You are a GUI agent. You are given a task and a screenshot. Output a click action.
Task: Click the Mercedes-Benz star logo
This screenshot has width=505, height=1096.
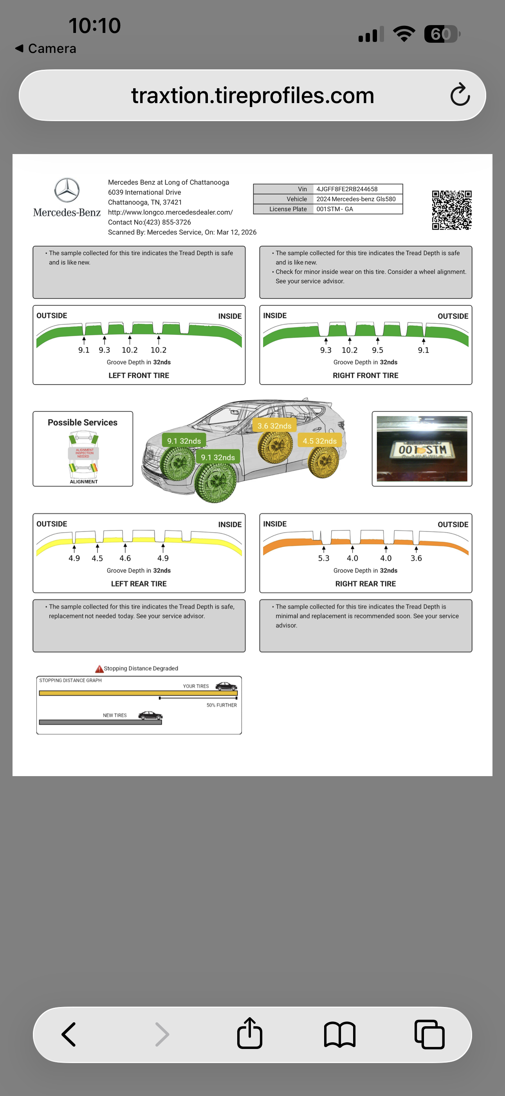click(67, 190)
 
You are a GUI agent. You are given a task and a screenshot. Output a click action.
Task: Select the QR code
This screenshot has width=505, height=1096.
click(451, 210)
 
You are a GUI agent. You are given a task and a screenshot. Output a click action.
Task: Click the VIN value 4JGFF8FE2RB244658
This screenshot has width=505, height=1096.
click(347, 189)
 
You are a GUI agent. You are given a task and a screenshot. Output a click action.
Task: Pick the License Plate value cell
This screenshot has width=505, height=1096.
click(358, 209)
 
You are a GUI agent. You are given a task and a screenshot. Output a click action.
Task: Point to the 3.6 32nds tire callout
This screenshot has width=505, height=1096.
click(274, 425)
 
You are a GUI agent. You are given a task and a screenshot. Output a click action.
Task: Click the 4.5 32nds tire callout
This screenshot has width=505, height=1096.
click(320, 441)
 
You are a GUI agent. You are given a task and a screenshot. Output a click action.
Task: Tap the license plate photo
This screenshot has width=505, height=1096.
click(422, 448)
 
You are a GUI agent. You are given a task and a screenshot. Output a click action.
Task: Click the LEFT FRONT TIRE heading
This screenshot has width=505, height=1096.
click(139, 375)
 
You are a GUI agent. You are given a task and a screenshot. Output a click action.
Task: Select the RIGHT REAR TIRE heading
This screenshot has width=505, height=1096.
click(366, 584)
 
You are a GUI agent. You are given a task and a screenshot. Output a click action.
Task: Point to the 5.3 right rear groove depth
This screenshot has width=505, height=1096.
click(323, 558)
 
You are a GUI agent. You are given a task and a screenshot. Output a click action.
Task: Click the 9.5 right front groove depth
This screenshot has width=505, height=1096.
click(377, 350)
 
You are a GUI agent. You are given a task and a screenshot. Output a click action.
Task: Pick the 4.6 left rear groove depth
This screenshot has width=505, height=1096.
click(125, 558)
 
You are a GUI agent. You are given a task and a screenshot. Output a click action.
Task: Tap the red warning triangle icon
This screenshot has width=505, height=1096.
click(99, 669)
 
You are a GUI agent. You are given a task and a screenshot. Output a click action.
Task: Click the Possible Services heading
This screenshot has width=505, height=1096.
click(83, 423)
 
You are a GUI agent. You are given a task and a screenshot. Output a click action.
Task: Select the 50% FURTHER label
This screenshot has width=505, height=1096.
click(222, 705)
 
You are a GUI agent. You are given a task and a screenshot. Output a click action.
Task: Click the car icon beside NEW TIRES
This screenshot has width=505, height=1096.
click(150, 715)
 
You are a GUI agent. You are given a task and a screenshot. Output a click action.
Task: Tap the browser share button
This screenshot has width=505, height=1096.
click(249, 1033)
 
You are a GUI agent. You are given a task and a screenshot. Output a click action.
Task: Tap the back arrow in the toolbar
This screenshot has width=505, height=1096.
click(69, 1034)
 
